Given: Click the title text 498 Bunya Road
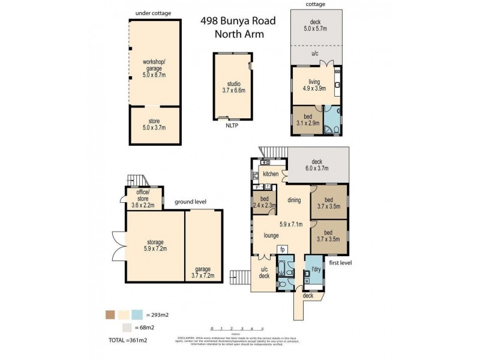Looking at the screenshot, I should click(x=238, y=22).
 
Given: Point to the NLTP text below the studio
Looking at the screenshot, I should click(x=230, y=127).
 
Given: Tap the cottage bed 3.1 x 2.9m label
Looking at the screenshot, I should click(x=307, y=122).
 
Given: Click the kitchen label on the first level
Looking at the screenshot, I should click(x=271, y=174).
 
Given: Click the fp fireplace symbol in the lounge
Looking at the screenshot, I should click(x=281, y=249).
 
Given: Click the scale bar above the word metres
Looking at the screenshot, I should click(x=239, y=329).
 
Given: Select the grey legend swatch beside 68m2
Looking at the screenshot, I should click(x=126, y=327).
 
